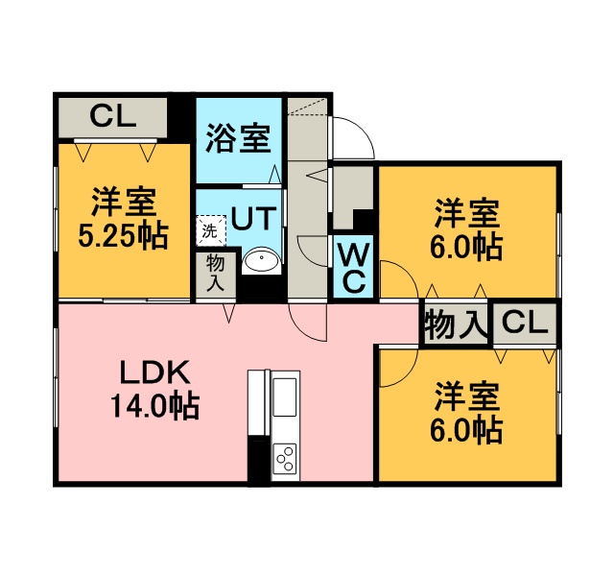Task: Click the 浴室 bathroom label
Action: coord(238,138)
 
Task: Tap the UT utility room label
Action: coord(253,218)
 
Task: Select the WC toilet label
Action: coord(353,267)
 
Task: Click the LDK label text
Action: coord(155,372)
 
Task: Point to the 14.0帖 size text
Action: coord(155,405)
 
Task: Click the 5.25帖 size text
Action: coord(124,235)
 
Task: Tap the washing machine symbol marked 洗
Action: coord(211,230)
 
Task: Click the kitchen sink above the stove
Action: coord(284,396)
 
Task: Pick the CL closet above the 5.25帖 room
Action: coord(113,117)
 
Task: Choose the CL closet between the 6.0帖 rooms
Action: coord(525,324)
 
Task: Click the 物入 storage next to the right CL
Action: coord(456,324)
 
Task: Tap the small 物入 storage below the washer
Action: coord(216,276)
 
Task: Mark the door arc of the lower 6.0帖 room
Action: coord(399,368)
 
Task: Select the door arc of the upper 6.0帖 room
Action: coord(399,279)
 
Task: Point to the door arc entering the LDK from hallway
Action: coord(307,322)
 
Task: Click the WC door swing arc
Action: coord(313,252)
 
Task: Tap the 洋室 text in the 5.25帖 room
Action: coord(124,203)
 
